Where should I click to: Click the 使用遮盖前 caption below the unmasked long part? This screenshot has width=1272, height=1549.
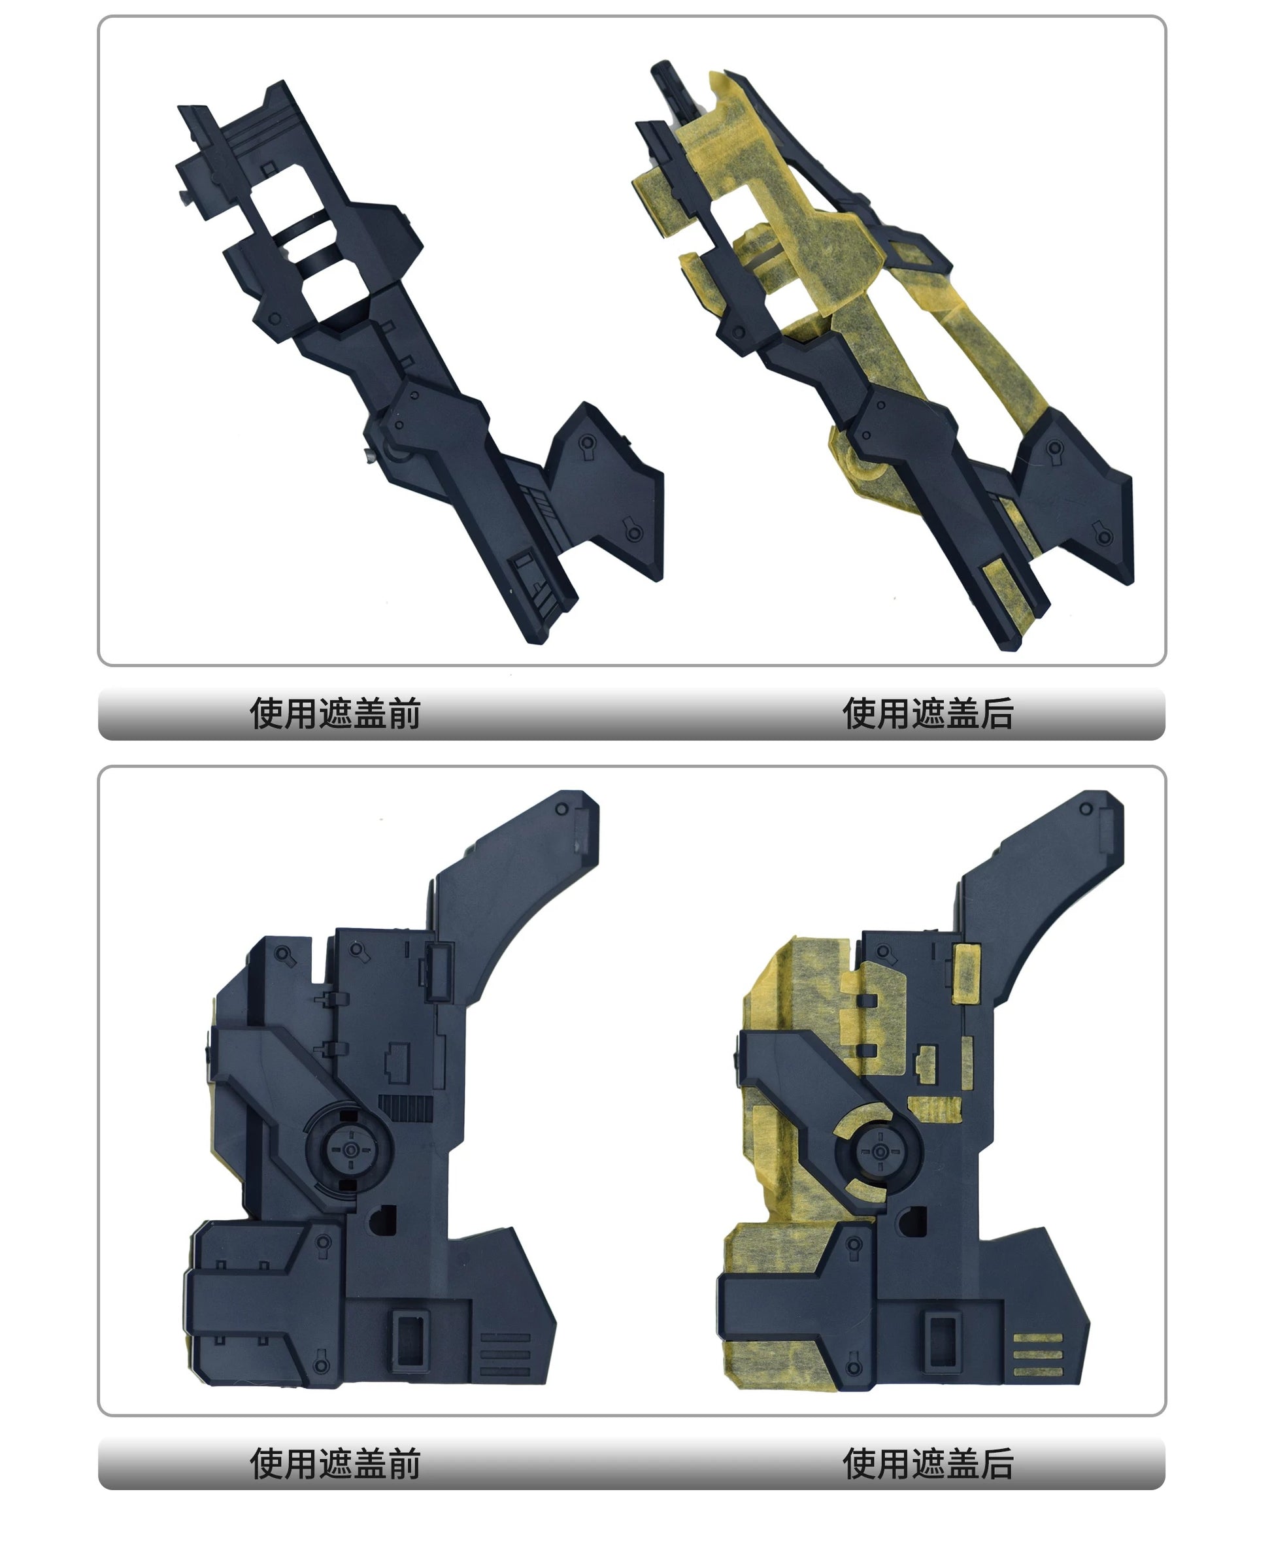(x=335, y=713)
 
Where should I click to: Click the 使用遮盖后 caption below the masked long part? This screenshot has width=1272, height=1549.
(x=928, y=713)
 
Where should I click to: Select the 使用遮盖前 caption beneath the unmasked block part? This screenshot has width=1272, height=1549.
(x=335, y=1463)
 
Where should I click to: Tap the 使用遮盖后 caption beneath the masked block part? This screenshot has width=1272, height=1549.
(x=928, y=1463)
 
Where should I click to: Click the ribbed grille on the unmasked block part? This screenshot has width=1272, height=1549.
(x=405, y=1107)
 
